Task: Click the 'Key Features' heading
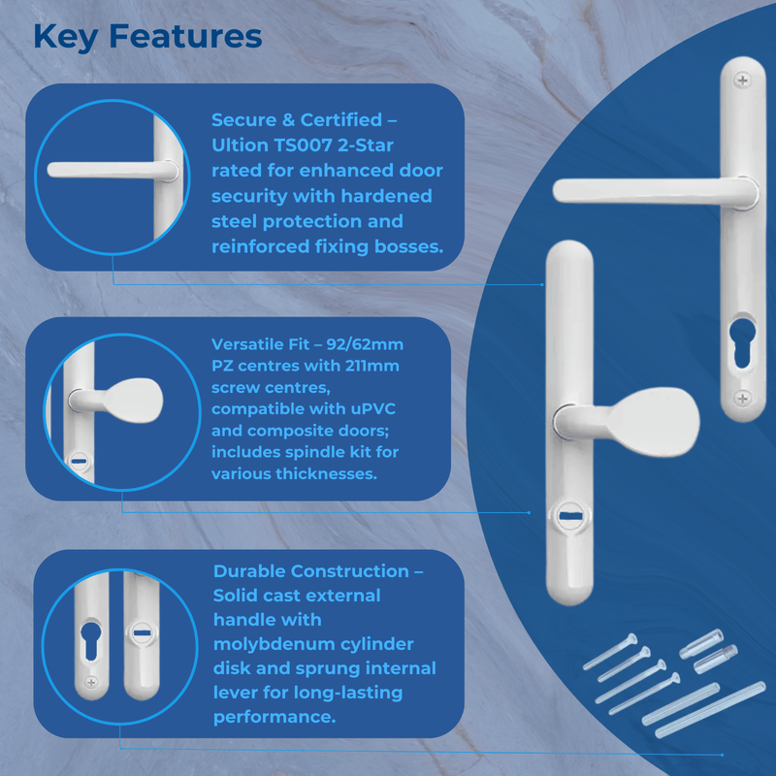click(147, 36)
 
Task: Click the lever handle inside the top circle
click(107, 171)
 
